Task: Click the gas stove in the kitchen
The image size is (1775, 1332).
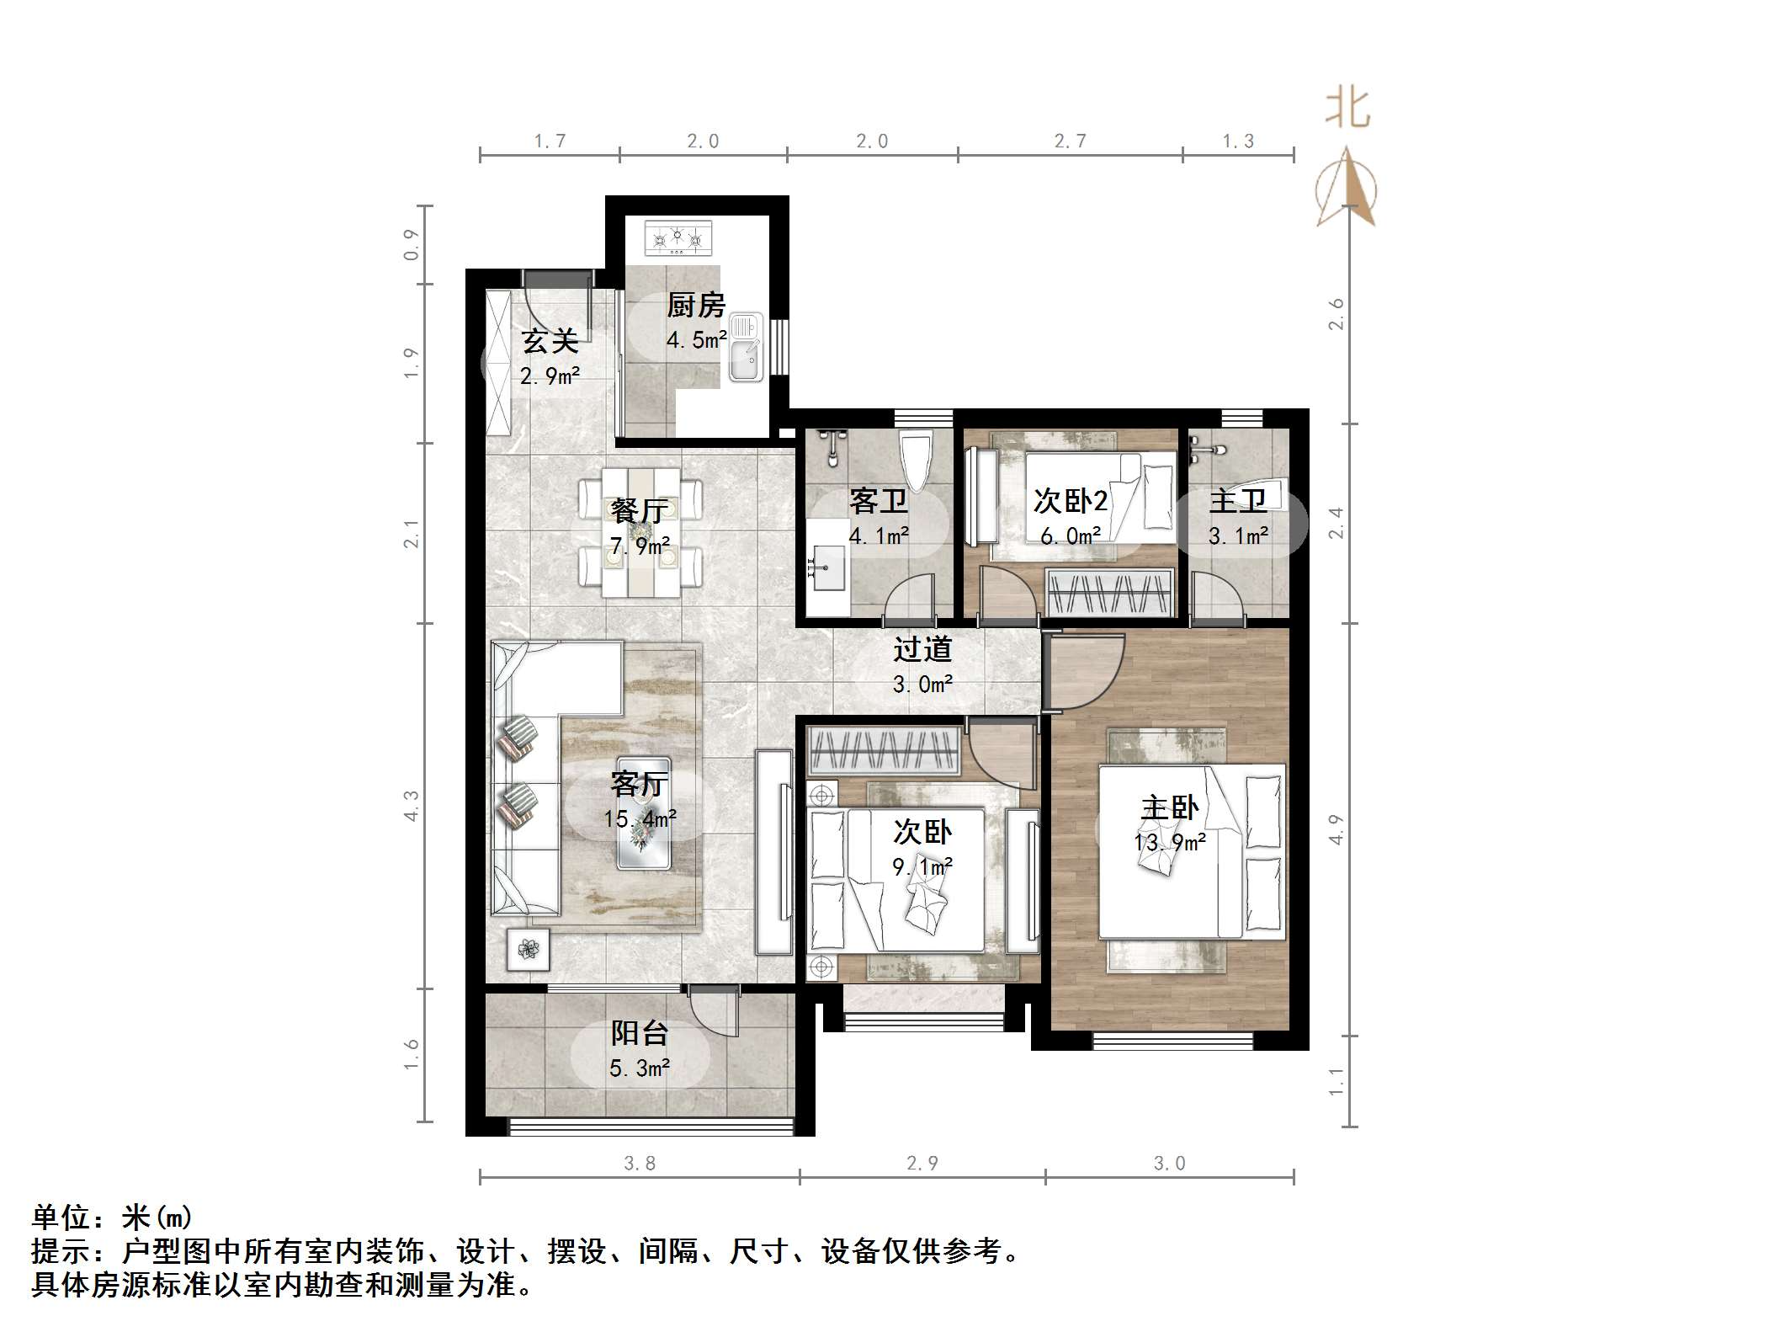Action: pyautogui.click(x=678, y=238)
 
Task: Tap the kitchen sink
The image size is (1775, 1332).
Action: pyautogui.click(x=746, y=347)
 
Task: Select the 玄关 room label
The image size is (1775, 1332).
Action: pyautogui.click(x=550, y=341)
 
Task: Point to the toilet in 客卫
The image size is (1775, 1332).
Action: pyautogui.click(x=916, y=462)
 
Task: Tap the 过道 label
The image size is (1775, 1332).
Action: pyautogui.click(x=922, y=649)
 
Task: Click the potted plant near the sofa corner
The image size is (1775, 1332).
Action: pyautogui.click(x=528, y=949)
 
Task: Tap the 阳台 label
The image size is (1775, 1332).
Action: pyautogui.click(x=640, y=1033)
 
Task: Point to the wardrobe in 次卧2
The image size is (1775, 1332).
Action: pyautogui.click(x=1110, y=592)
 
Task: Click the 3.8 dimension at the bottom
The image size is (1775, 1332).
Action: pyautogui.click(x=640, y=1164)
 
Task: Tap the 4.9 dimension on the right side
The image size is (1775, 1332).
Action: pyautogui.click(x=1336, y=829)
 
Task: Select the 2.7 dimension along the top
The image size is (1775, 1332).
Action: pyautogui.click(x=1070, y=141)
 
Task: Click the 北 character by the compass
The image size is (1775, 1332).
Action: pyautogui.click(x=1347, y=109)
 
